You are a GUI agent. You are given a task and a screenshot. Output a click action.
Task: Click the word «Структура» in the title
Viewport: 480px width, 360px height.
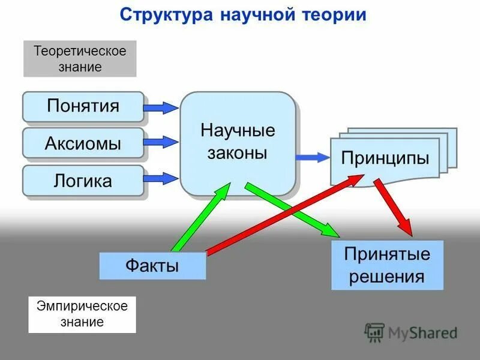coord(163,15)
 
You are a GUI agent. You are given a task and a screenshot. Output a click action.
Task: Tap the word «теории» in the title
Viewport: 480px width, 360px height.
coord(331,15)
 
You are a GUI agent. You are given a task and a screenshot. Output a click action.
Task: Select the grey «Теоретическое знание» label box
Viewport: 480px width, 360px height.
coord(80,59)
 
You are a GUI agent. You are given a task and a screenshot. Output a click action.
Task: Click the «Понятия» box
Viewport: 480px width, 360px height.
coord(83,106)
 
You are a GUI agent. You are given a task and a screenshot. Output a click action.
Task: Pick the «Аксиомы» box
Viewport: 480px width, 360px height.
coord(83,143)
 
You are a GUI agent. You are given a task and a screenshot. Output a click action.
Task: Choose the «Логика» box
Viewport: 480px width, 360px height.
coord(83,181)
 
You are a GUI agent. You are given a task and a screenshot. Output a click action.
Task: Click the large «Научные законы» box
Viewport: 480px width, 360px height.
coord(238,143)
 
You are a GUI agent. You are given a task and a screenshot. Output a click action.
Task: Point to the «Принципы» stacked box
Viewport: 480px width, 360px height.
coord(385,160)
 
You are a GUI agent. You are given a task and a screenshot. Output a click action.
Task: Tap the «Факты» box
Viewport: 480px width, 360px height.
coord(152,266)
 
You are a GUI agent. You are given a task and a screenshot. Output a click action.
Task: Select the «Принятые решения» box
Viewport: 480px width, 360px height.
coord(387,265)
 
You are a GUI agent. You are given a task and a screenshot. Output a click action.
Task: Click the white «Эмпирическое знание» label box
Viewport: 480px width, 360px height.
coord(82,314)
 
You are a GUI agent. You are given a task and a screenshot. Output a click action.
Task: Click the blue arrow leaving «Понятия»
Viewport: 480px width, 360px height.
coord(161,107)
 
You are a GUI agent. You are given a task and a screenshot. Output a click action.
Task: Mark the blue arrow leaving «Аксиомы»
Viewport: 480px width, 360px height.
coord(161,142)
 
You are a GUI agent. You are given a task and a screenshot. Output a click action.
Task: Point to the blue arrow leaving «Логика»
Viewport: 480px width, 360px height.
coord(161,177)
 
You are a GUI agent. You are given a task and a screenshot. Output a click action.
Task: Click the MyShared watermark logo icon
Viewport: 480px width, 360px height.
coord(374,332)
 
